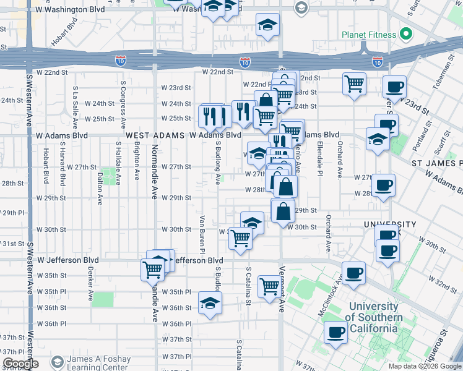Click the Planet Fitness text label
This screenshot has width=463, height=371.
pyautogui.click(x=368, y=35)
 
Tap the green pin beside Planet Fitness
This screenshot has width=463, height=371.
pyautogui.click(x=406, y=33)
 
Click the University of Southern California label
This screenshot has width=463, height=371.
pyautogui.click(x=373, y=317)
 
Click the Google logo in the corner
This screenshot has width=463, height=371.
pyautogui.click(x=21, y=364)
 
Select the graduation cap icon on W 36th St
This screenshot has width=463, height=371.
pyautogui.click(x=210, y=304)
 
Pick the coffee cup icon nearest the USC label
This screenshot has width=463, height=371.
pyautogui.click(x=336, y=332)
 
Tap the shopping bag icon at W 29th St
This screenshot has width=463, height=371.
pyautogui.click(x=282, y=211)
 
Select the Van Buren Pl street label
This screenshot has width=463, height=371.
pyautogui.click(x=202, y=234)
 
